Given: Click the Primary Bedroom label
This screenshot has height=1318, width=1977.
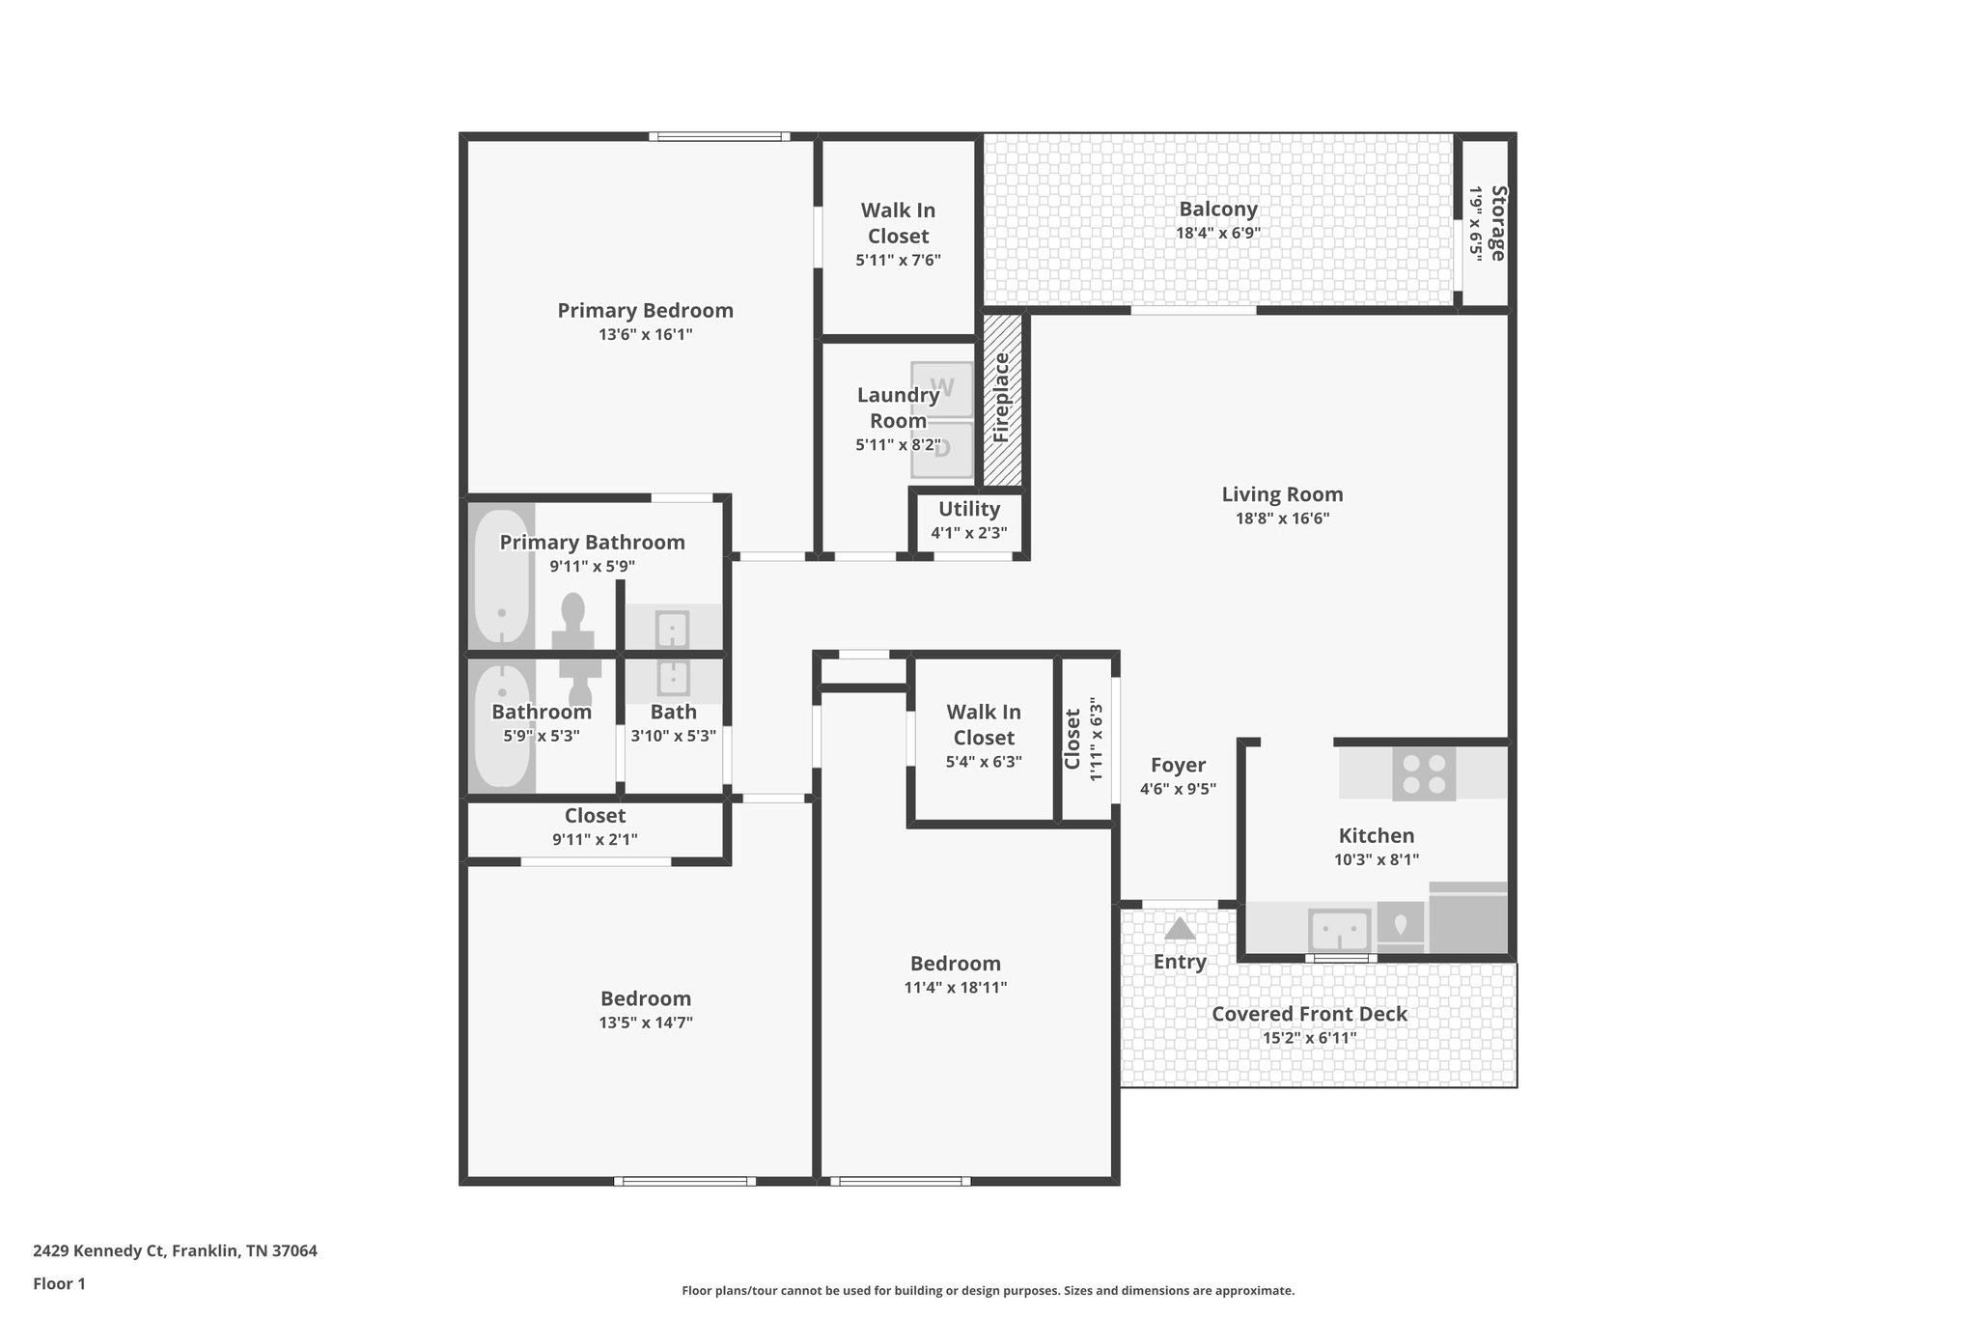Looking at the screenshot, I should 645,311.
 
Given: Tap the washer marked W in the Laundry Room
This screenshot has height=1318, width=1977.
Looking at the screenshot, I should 942,388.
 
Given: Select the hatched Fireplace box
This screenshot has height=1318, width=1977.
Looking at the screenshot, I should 1002,399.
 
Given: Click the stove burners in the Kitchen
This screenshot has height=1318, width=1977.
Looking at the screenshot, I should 1424,773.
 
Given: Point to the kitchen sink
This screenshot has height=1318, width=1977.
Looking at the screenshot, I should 1339,930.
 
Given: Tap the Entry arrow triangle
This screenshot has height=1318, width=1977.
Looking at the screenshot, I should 1179,929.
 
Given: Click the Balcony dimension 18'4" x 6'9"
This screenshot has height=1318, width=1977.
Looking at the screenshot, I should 1217,233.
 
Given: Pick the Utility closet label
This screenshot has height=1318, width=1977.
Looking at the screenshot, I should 968,509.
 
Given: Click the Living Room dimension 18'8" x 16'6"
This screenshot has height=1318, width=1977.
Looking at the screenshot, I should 1281,519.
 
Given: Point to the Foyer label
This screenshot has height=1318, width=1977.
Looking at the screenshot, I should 1178,766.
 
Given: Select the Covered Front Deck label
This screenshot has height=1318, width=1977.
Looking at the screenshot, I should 1309,1014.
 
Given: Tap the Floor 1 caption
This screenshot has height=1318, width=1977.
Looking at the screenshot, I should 59,1284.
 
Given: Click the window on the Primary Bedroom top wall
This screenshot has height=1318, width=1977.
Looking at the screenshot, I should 718,137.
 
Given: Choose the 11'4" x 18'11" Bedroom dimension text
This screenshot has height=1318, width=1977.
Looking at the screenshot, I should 955,988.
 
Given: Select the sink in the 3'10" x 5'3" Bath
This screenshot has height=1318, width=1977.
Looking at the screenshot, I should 673,678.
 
